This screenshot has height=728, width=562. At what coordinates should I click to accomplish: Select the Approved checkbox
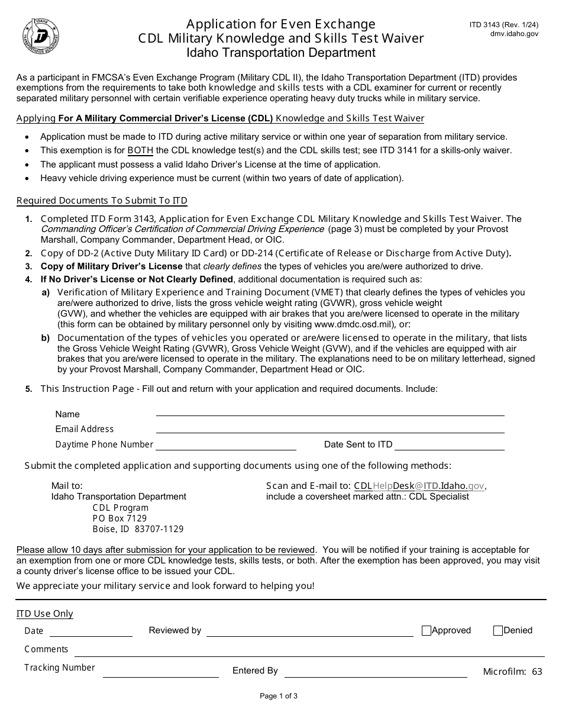point(426,631)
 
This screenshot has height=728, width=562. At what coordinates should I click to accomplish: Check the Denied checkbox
point(498,631)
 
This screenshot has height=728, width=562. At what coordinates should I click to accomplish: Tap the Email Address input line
point(330,430)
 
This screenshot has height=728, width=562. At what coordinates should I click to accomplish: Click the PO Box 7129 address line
point(119,518)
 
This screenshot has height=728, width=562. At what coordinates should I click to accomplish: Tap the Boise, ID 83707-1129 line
point(138,529)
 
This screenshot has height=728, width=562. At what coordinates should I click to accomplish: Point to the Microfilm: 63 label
point(512,672)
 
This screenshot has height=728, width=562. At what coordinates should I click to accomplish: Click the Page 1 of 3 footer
point(279,697)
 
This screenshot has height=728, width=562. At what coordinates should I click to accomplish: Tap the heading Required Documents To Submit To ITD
point(102,201)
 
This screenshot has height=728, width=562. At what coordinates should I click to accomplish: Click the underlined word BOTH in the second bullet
point(140,150)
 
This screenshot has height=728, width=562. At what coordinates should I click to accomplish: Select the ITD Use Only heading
point(45,614)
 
